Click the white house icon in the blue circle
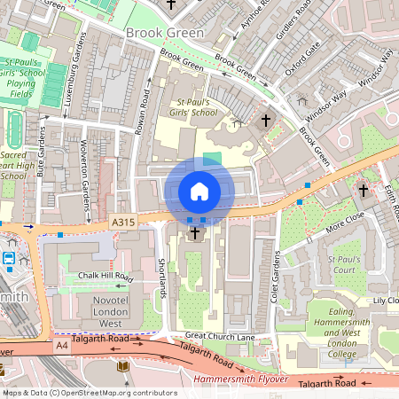click(x=199, y=191)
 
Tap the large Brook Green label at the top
click(x=164, y=33)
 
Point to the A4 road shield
click(x=61, y=345)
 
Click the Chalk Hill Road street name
click(x=104, y=276)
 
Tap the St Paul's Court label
click(x=343, y=263)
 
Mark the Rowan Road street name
click(x=140, y=111)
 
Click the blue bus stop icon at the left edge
click(x=9, y=259)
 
